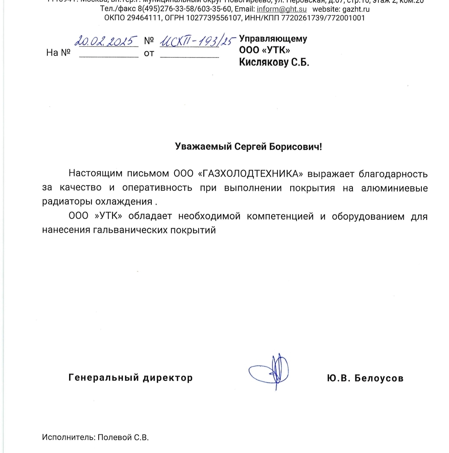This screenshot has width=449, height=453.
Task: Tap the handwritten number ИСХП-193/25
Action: (x=197, y=41)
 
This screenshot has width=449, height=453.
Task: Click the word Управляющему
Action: (x=273, y=39)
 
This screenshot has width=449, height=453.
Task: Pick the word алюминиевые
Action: (x=394, y=188)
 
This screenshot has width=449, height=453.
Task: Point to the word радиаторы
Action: (x=62, y=202)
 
